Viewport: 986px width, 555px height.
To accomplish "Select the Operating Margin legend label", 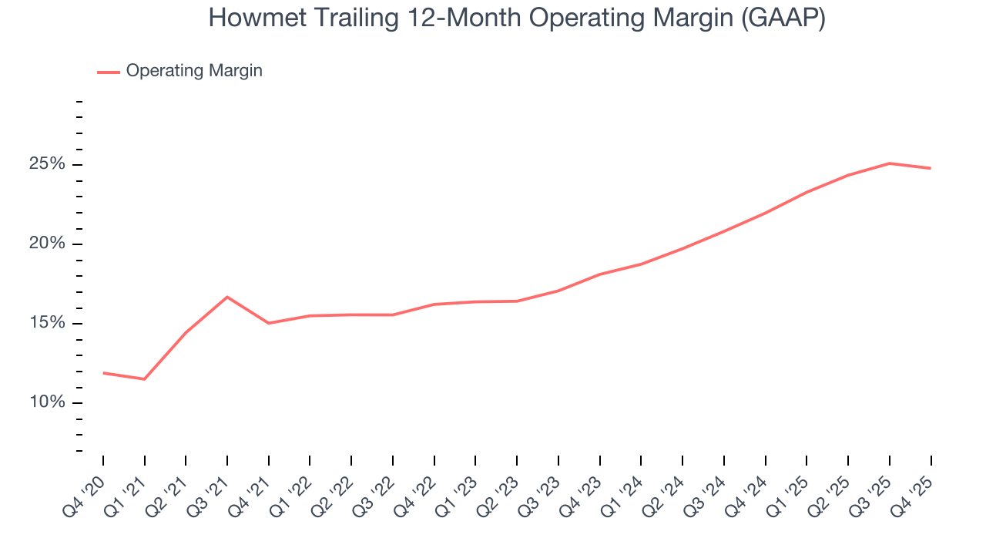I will tap(194, 71).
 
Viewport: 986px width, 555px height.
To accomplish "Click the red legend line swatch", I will tap(109, 72).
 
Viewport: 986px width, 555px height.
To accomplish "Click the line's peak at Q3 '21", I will tap(227, 297).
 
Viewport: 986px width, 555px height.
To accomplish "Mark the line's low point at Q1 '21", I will tap(144, 379).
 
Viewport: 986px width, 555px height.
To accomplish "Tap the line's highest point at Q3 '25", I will tap(890, 163).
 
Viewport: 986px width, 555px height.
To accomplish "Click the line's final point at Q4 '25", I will tap(931, 168).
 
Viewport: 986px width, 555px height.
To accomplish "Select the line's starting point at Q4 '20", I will tap(103, 373).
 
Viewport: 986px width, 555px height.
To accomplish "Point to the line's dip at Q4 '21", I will tap(269, 323).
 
